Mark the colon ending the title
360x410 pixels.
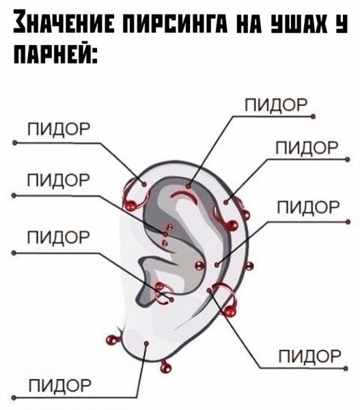94,55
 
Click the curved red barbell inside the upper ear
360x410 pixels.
184,196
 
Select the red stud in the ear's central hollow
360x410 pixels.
199,266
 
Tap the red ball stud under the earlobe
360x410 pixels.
165,368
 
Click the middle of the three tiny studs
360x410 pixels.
165,234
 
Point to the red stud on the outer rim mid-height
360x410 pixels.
249,266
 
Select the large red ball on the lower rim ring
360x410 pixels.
230,312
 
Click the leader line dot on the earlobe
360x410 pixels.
147,343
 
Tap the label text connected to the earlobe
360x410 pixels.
60,385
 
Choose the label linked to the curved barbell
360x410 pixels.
276,105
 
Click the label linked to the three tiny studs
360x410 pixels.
59,180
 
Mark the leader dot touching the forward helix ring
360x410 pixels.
143,184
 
